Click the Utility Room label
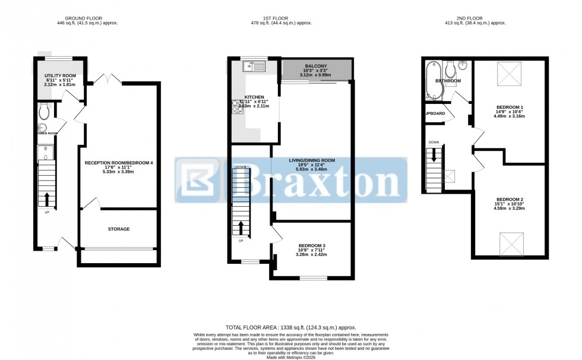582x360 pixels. coord(60,75)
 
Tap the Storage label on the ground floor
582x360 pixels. coord(119,229)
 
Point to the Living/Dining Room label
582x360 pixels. coord(312,160)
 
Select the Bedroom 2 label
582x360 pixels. coord(510,200)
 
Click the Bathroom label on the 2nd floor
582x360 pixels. coord(448,81)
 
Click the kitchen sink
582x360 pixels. coord(254,66)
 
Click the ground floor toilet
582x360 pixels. coord(43,111)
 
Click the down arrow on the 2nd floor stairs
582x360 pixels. coord(434,156)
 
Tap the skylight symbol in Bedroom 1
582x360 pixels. coord(509,76)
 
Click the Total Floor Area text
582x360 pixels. coord(290,327)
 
